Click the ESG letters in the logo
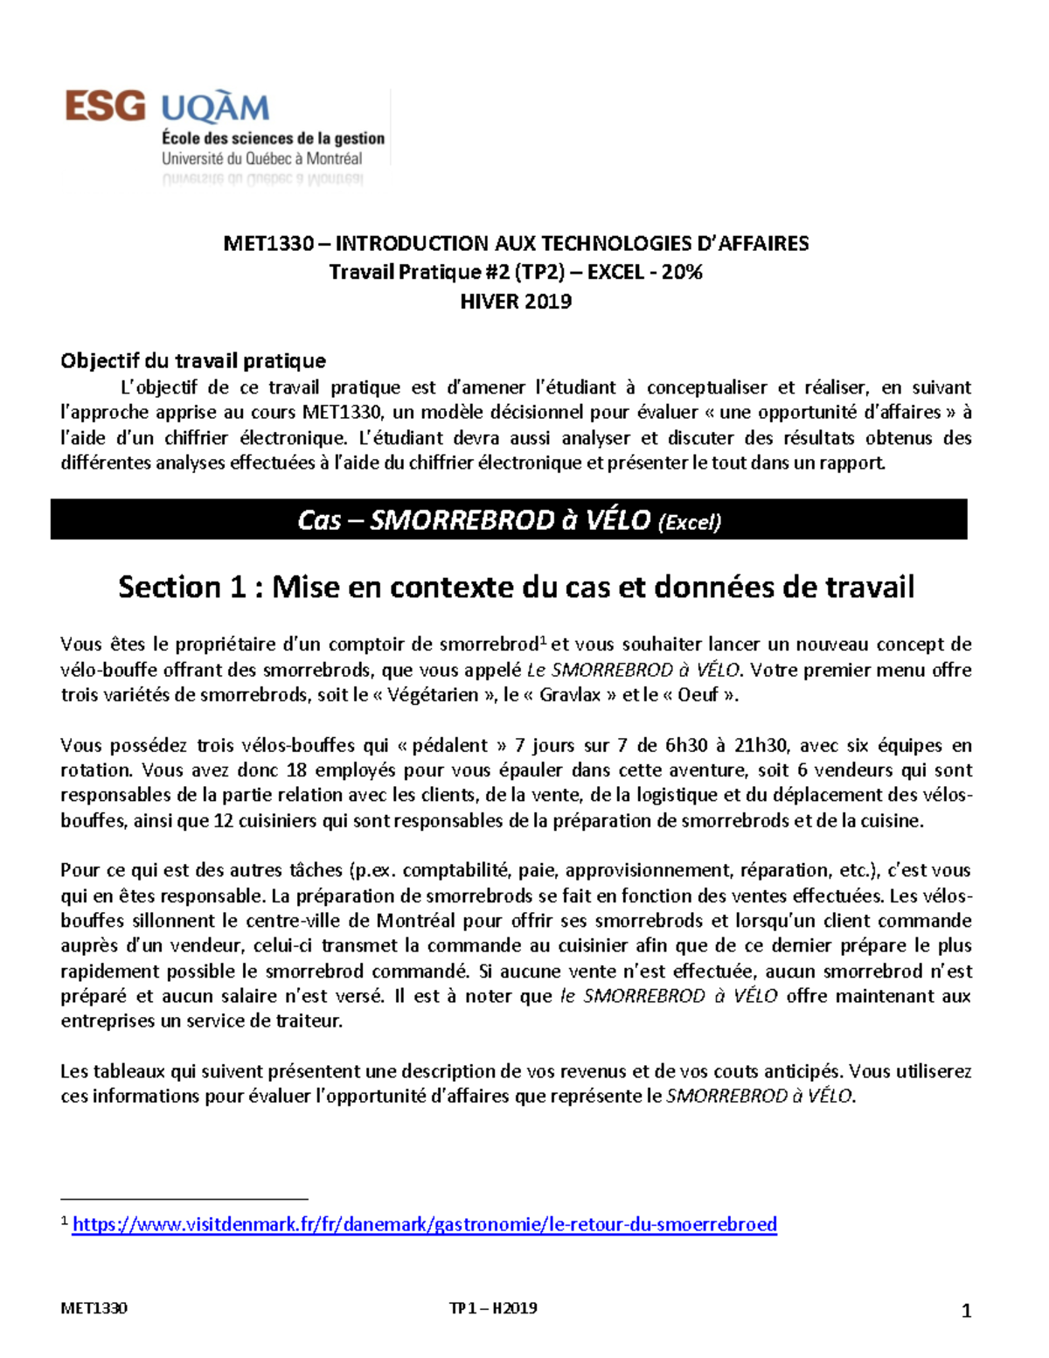click(105, 107)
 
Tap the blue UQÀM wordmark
click(215, 109)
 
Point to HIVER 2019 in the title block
click(516, 302)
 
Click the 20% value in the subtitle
click(682, 272)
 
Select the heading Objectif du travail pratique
click(193, 360)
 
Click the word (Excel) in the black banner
click(689, 522)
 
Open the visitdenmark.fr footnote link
click(425, 1224)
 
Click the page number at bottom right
click(966, 1310)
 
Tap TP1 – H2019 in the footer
click(493, 1308)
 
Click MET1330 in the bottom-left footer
click(94, 1308)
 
